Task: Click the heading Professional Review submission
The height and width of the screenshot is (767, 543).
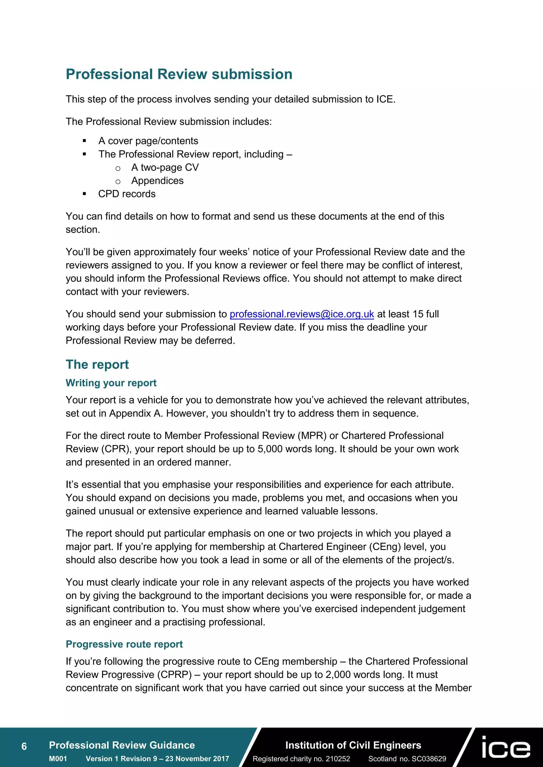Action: coord(179,74)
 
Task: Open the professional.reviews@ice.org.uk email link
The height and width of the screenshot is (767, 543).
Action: coord(301,314)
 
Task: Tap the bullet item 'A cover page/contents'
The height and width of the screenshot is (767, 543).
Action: coord(148,141)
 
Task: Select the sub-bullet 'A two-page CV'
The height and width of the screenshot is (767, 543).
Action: coord(165,167)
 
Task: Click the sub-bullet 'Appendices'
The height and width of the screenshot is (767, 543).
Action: coord(157,181)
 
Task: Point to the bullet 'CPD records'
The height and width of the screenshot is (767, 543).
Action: coord(127,194)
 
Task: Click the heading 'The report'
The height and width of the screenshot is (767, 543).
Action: coord(97,364)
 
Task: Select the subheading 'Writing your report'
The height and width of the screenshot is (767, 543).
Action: coord(111,383)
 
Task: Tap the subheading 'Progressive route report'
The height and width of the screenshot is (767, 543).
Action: coord(124,644)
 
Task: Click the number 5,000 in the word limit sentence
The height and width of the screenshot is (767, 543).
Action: coord(270,449)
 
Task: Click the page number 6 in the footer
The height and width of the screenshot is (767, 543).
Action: coord(24,746)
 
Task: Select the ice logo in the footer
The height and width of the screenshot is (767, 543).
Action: coord(506,748)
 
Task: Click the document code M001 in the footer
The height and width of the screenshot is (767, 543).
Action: coord(58,759)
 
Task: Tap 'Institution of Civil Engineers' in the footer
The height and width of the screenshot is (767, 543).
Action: coord(353,745)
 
